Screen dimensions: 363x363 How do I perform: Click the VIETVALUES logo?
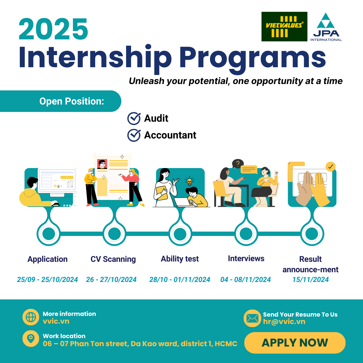click(284, 27)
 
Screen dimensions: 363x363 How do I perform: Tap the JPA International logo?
click(326, 27)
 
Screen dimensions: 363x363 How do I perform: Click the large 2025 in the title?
click(54, 29)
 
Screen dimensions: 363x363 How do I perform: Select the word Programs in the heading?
click(252, 57)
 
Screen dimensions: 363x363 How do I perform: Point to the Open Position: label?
click(72, 101)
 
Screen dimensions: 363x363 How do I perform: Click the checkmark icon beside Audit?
click(134, 118)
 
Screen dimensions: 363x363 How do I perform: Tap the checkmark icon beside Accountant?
click(134, 135)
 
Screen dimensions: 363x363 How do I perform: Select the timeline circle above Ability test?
click(180, 233)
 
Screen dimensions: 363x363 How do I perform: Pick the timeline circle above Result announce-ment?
click(312, 233)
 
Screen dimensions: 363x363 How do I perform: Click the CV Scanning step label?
click(113, 259)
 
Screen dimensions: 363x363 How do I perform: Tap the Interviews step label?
click(246, 258)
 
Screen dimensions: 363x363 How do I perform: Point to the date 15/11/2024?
click(311, 280)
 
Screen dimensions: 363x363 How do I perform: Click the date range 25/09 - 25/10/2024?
click(47, 280)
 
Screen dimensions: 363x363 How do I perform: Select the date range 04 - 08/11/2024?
click(245, 280)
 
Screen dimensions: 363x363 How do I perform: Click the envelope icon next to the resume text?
click(252, 318)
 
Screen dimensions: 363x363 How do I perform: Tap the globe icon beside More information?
click(31, 317)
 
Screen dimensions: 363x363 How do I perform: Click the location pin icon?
click(31, 339)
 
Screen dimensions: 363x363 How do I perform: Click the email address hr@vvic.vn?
click(284, 322)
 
